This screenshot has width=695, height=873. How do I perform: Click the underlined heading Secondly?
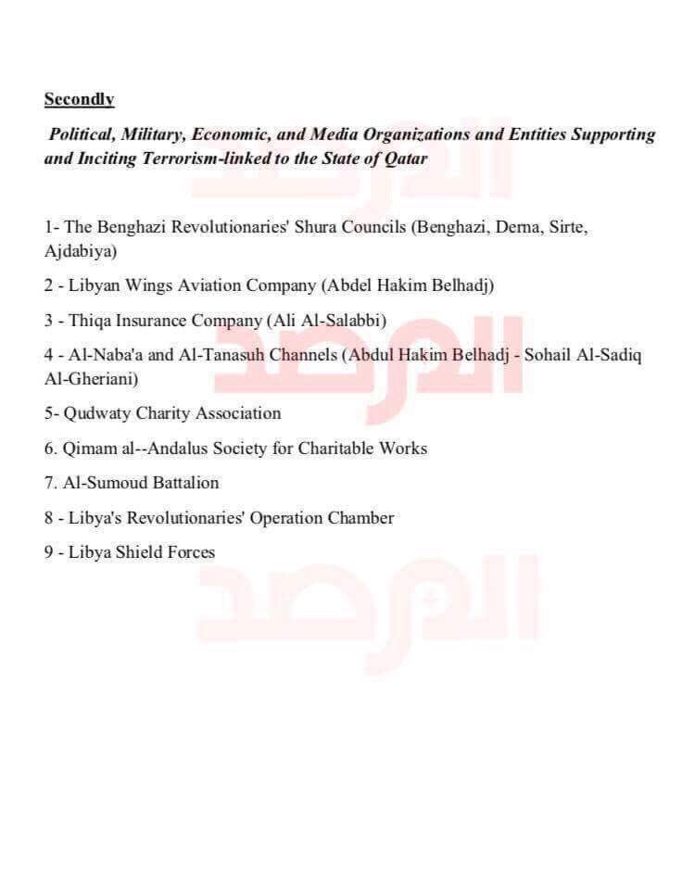click(x=79, y=99)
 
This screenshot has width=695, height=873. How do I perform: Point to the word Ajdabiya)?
click(x=80, y=251)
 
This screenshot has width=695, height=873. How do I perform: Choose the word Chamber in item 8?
click(x=360, y=518)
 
